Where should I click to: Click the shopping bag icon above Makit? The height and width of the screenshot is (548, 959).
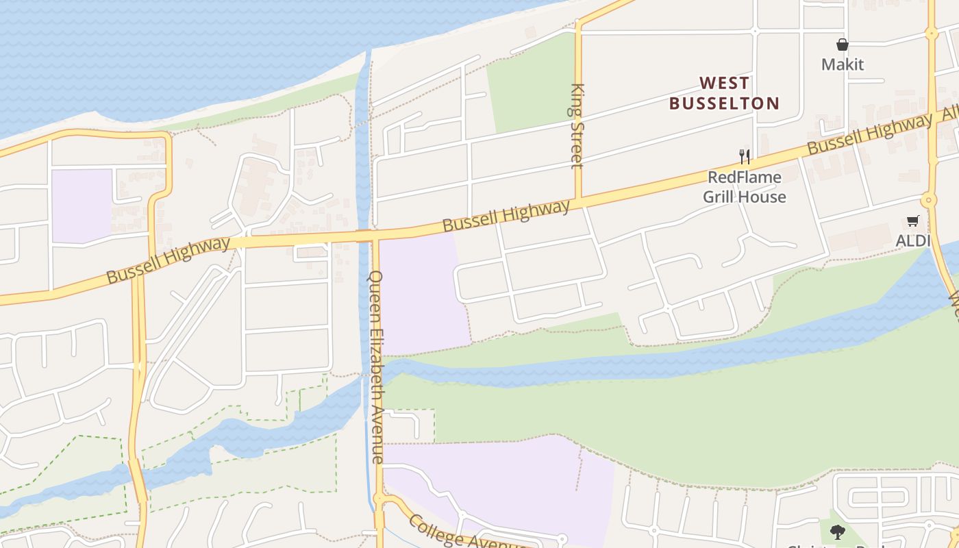pos(843,45)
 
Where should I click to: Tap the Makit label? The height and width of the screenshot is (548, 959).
pos(843,64)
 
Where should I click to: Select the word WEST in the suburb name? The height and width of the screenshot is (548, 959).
pos(725,84)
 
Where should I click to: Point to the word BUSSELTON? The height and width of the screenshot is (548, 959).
pos(725,103)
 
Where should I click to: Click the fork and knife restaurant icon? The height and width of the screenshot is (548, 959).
pos(745,156)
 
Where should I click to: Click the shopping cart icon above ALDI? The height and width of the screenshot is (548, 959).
pos(912,221)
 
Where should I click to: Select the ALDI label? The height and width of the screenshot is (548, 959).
pos(912,240)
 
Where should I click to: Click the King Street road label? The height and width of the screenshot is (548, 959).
pos(577,125)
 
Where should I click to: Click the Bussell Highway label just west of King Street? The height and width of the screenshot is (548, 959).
pos(506,216)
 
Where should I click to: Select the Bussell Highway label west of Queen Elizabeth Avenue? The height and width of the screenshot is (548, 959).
pos(169,260)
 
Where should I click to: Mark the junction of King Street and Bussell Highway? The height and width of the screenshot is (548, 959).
pos(579,201)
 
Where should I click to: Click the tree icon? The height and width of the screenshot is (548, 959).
pos(837,532)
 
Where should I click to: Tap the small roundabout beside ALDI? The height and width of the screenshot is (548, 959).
pos(929,201)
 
